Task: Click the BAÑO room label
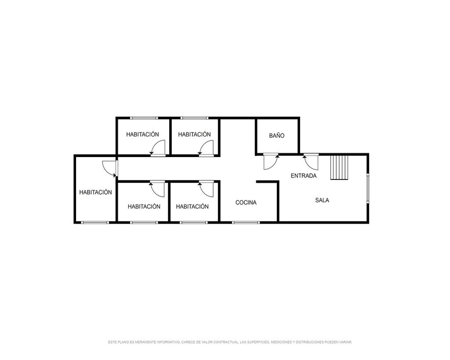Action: point(277,135)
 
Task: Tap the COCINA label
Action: point(246,202)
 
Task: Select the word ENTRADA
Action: point(304,175)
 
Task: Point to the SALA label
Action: point(322,200)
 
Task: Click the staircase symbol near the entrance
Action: point(339,168)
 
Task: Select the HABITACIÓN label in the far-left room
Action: point(95,192)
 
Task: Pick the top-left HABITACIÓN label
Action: point(143,134)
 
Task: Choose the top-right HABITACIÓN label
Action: point(194,134)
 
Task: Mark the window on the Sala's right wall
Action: point(368,189)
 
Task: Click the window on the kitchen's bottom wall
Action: point(246,222)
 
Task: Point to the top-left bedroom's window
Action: point(144,118)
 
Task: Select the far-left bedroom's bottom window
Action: point(95,222)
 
